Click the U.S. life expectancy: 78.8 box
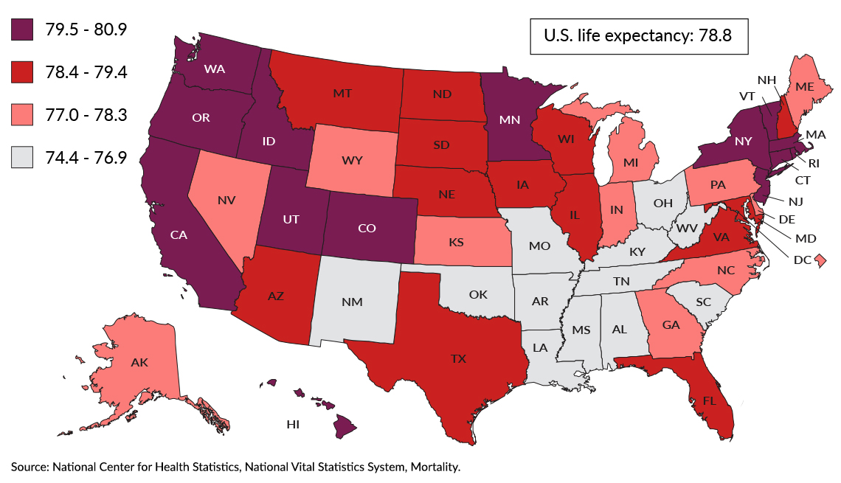[x=638, y=35]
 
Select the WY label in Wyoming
[x=351, y=159]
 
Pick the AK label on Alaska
[x=140, y=363]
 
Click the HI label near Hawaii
[x=293, y=425]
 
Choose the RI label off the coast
[x=810, y=163]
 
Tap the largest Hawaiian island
[x=344, y=425]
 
